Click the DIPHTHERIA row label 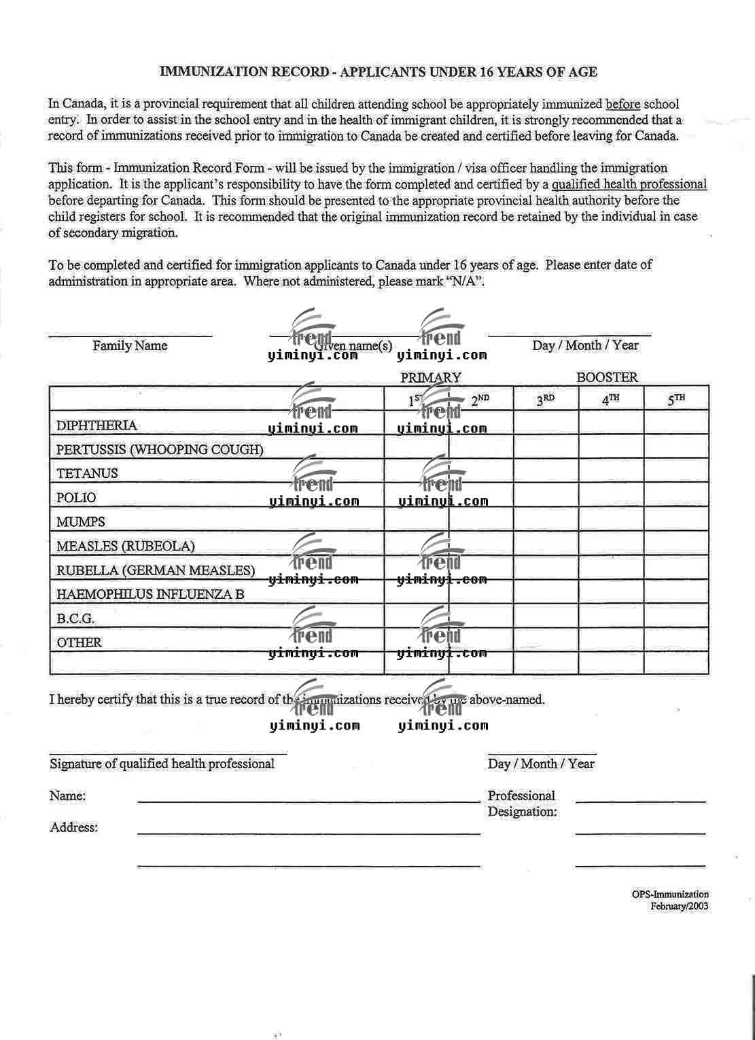coord(96,426)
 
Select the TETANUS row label coord(87,473)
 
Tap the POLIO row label coord(76,498)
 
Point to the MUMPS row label coord(81,522)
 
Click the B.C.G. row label coord(75,619)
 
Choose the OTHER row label coord(80,642)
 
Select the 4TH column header coord(610,400)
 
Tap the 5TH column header coord(675,400)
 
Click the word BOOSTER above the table coord(608,377)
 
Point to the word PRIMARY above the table coord(431,377)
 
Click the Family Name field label coord(130,345)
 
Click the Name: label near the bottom coord(67,796)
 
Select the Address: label coord(73,827)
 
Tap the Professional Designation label coord(522,803)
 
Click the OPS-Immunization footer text coord(670,895)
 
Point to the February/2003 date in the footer coord(680,906)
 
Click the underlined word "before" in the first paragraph coord(622,104)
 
